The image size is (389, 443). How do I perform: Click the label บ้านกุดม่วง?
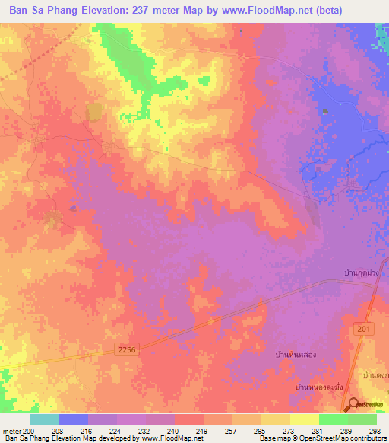[x=361, y=272]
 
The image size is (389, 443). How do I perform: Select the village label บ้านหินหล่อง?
[x=299, y=355]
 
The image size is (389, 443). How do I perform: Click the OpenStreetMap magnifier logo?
[x=355, y=404]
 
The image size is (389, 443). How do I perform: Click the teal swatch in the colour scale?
[x=45, y=419]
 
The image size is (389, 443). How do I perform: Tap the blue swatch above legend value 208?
[x=74, y=419]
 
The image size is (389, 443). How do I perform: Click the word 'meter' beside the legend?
[x=11, y=431]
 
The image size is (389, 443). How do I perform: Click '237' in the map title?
[x=144, y=11]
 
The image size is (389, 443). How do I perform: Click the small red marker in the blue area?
[x=325, y=112]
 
